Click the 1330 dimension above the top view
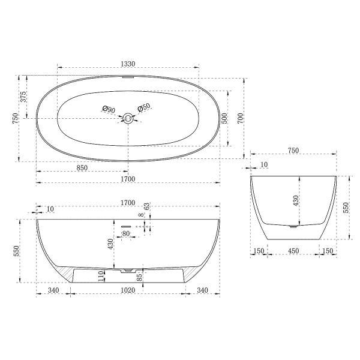pos(127,64)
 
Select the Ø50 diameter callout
pos(144,107)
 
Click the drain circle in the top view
pos(127,118)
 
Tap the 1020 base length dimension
pos(127,290)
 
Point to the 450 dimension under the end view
pos(293,251)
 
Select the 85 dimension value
pos(140,277)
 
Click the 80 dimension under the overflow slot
pos(126,233)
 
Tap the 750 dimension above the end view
pos(293,151)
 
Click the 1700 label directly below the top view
pos(127,179)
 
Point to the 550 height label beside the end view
pos(346,208)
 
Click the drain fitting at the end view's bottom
pos(292,226)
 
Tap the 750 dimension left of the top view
pos(16,118)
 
